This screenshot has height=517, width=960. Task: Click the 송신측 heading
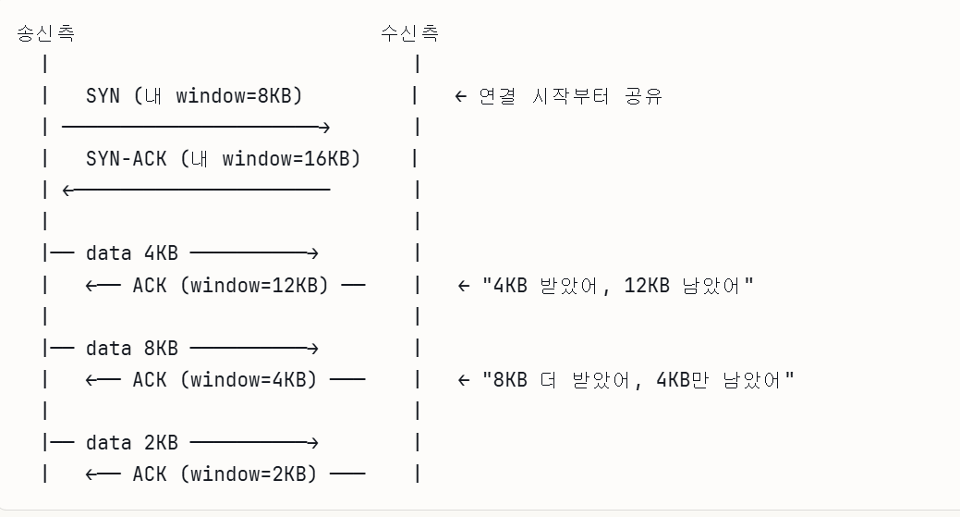pyautogui.click(x=45, y=34)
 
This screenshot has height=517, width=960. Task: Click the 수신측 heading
pyautogui.click(x=409, y=34)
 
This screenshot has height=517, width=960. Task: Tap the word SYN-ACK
pyautogui.click(x=126, y=158)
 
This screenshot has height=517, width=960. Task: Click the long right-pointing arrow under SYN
pyautogui.click(x=195, y=127)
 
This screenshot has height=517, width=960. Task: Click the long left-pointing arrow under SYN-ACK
pyautogui.click(x=195, y=191)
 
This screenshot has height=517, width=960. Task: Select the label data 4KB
pyautogui.click(x=132, y=253)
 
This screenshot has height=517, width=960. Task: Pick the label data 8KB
pyautogui.click(x=132, y=349)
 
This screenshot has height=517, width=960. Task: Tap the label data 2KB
pyautogui.click(x=132, y=443)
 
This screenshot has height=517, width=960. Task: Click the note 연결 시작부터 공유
pyautogui.click(x=570, y=96)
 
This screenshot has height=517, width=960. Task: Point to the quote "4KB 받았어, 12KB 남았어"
pyautogui.click(x=617, y=285)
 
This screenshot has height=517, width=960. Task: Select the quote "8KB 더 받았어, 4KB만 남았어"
pyautogui.click(x=638, y=379)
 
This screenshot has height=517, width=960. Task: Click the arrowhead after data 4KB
pyautogui.click(x=313, y=253)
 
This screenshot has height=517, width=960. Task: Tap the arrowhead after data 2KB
pyautogui.click(x=313, y=443)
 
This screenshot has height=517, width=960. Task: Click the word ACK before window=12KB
pyautogui.click(x=149, y=285)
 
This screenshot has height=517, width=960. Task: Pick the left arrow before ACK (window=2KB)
pyautogui.click(x=103, y=474)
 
